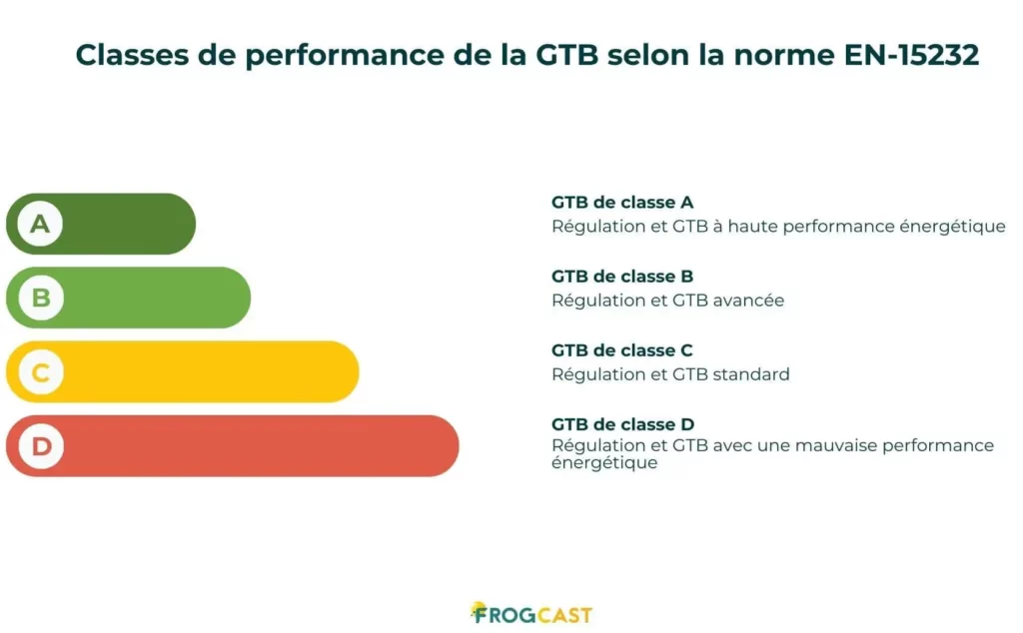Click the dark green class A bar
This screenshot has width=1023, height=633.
point(120,224)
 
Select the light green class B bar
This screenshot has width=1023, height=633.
point(150,298)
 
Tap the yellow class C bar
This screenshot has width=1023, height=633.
point(200,372)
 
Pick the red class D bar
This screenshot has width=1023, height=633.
point(250,446)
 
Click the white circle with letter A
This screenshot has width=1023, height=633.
point(40,224)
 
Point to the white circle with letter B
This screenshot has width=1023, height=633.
point(41,298)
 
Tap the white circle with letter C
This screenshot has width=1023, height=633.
point(41,372)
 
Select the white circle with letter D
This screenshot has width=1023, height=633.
point(41,446)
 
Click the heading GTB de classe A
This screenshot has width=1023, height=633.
point(622,203)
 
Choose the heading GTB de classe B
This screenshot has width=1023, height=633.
point(622,277)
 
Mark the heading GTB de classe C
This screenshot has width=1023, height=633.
point(622,350)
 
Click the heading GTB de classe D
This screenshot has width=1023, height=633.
point(622,424)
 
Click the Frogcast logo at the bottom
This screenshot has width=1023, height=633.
point(530,613)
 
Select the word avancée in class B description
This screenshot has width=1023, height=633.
point(749,301)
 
